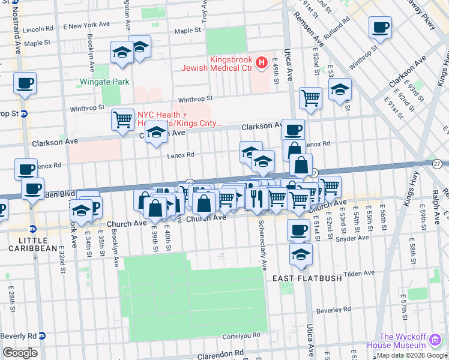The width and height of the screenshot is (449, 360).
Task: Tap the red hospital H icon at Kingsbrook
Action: click(x=261, y=62)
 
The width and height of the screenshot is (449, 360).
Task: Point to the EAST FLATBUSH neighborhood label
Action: click(x=307, y=278)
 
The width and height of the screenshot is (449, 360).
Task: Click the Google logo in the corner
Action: click(x=20, y=353)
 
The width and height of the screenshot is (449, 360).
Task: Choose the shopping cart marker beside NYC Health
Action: click(x=122, y=119)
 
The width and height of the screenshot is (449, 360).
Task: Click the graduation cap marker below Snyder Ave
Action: click(x=301, y=254)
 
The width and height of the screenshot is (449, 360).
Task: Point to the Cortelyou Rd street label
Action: click(x=239, y=335)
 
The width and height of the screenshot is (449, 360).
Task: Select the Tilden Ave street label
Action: click(x=360, y=274)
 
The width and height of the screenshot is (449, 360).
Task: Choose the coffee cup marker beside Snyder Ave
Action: click(x=298, y=229)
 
